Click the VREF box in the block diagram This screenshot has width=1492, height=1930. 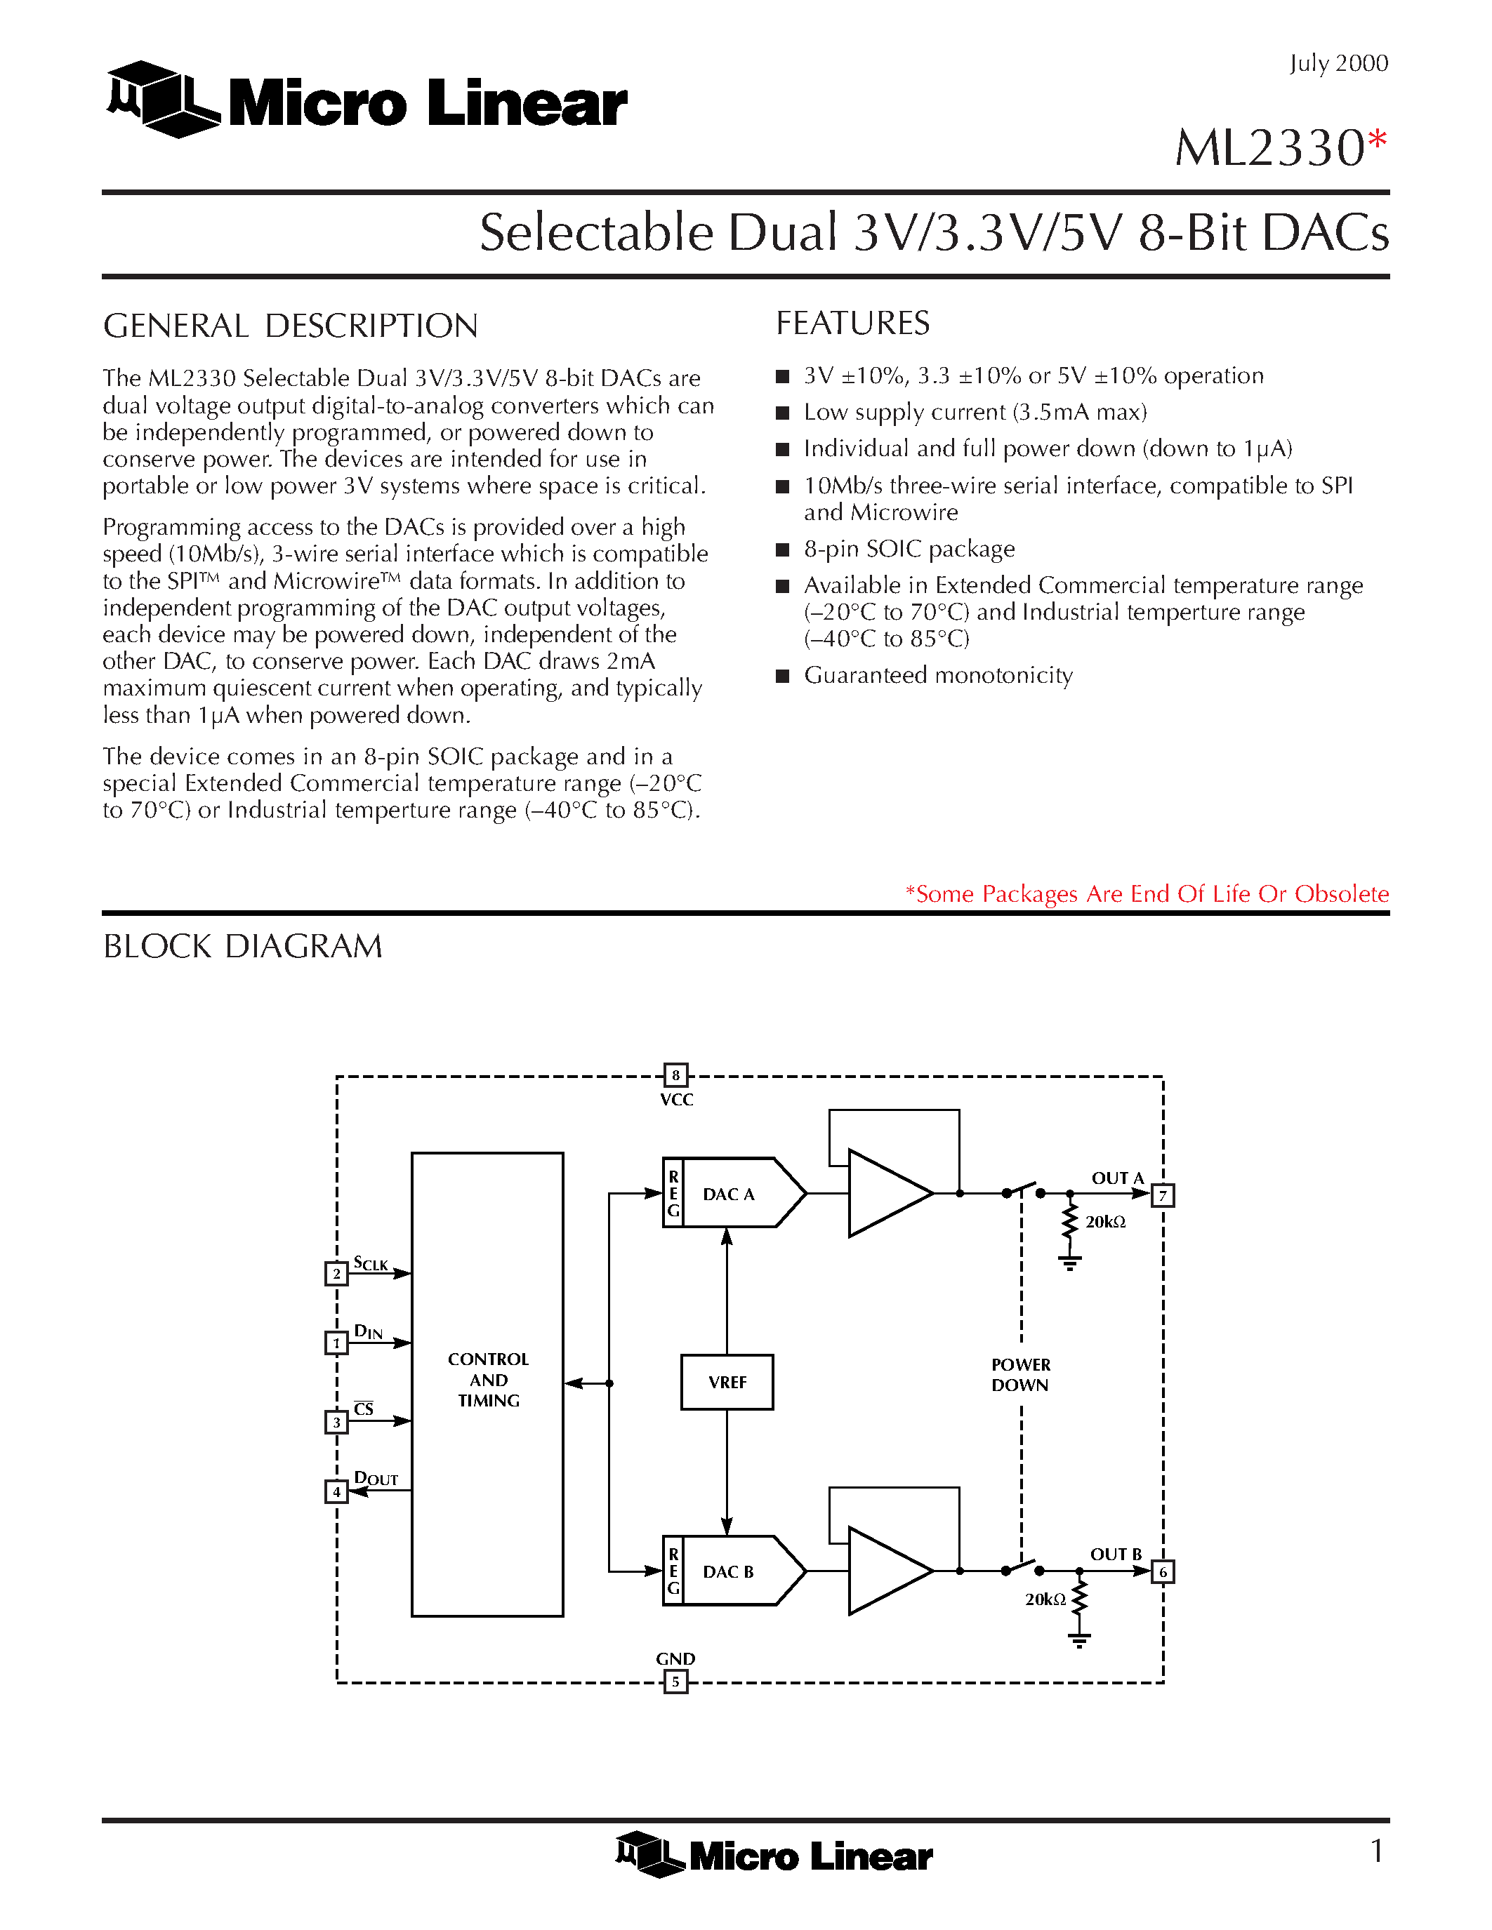[727, 1382]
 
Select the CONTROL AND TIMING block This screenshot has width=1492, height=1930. [487, 1384]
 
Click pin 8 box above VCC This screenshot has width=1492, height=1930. [675, 1075]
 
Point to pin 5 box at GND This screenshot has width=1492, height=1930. [675, 1682]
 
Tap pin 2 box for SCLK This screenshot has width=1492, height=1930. [336, 1273]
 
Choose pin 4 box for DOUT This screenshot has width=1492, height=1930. [336, 1491]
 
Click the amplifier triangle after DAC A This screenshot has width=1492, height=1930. [884, 1193]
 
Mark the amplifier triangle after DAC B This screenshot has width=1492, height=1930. [884, 1571]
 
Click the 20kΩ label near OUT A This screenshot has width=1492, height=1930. [1105, 1222]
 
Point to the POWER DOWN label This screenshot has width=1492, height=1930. [1020, 1375]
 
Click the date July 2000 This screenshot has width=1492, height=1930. [1338, 64]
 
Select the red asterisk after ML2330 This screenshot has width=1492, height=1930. [1377, 140]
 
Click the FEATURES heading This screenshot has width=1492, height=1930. [852, 324]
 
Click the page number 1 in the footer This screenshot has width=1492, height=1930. [1376, 1851]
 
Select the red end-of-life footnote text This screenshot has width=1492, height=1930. [1147, 894]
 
